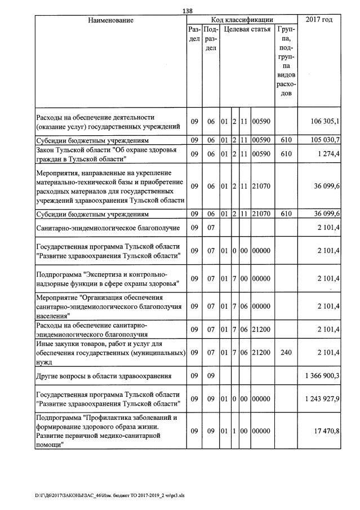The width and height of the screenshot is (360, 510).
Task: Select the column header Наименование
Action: point(110,20)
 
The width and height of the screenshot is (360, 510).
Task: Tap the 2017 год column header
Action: point(318,20)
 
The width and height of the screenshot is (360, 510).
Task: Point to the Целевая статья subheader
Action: point(246,29)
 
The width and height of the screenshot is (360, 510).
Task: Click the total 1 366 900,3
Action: point(321,375)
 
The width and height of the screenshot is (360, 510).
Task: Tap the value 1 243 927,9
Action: point(321,399)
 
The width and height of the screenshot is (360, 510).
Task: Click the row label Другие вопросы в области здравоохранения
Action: point(108,375)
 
